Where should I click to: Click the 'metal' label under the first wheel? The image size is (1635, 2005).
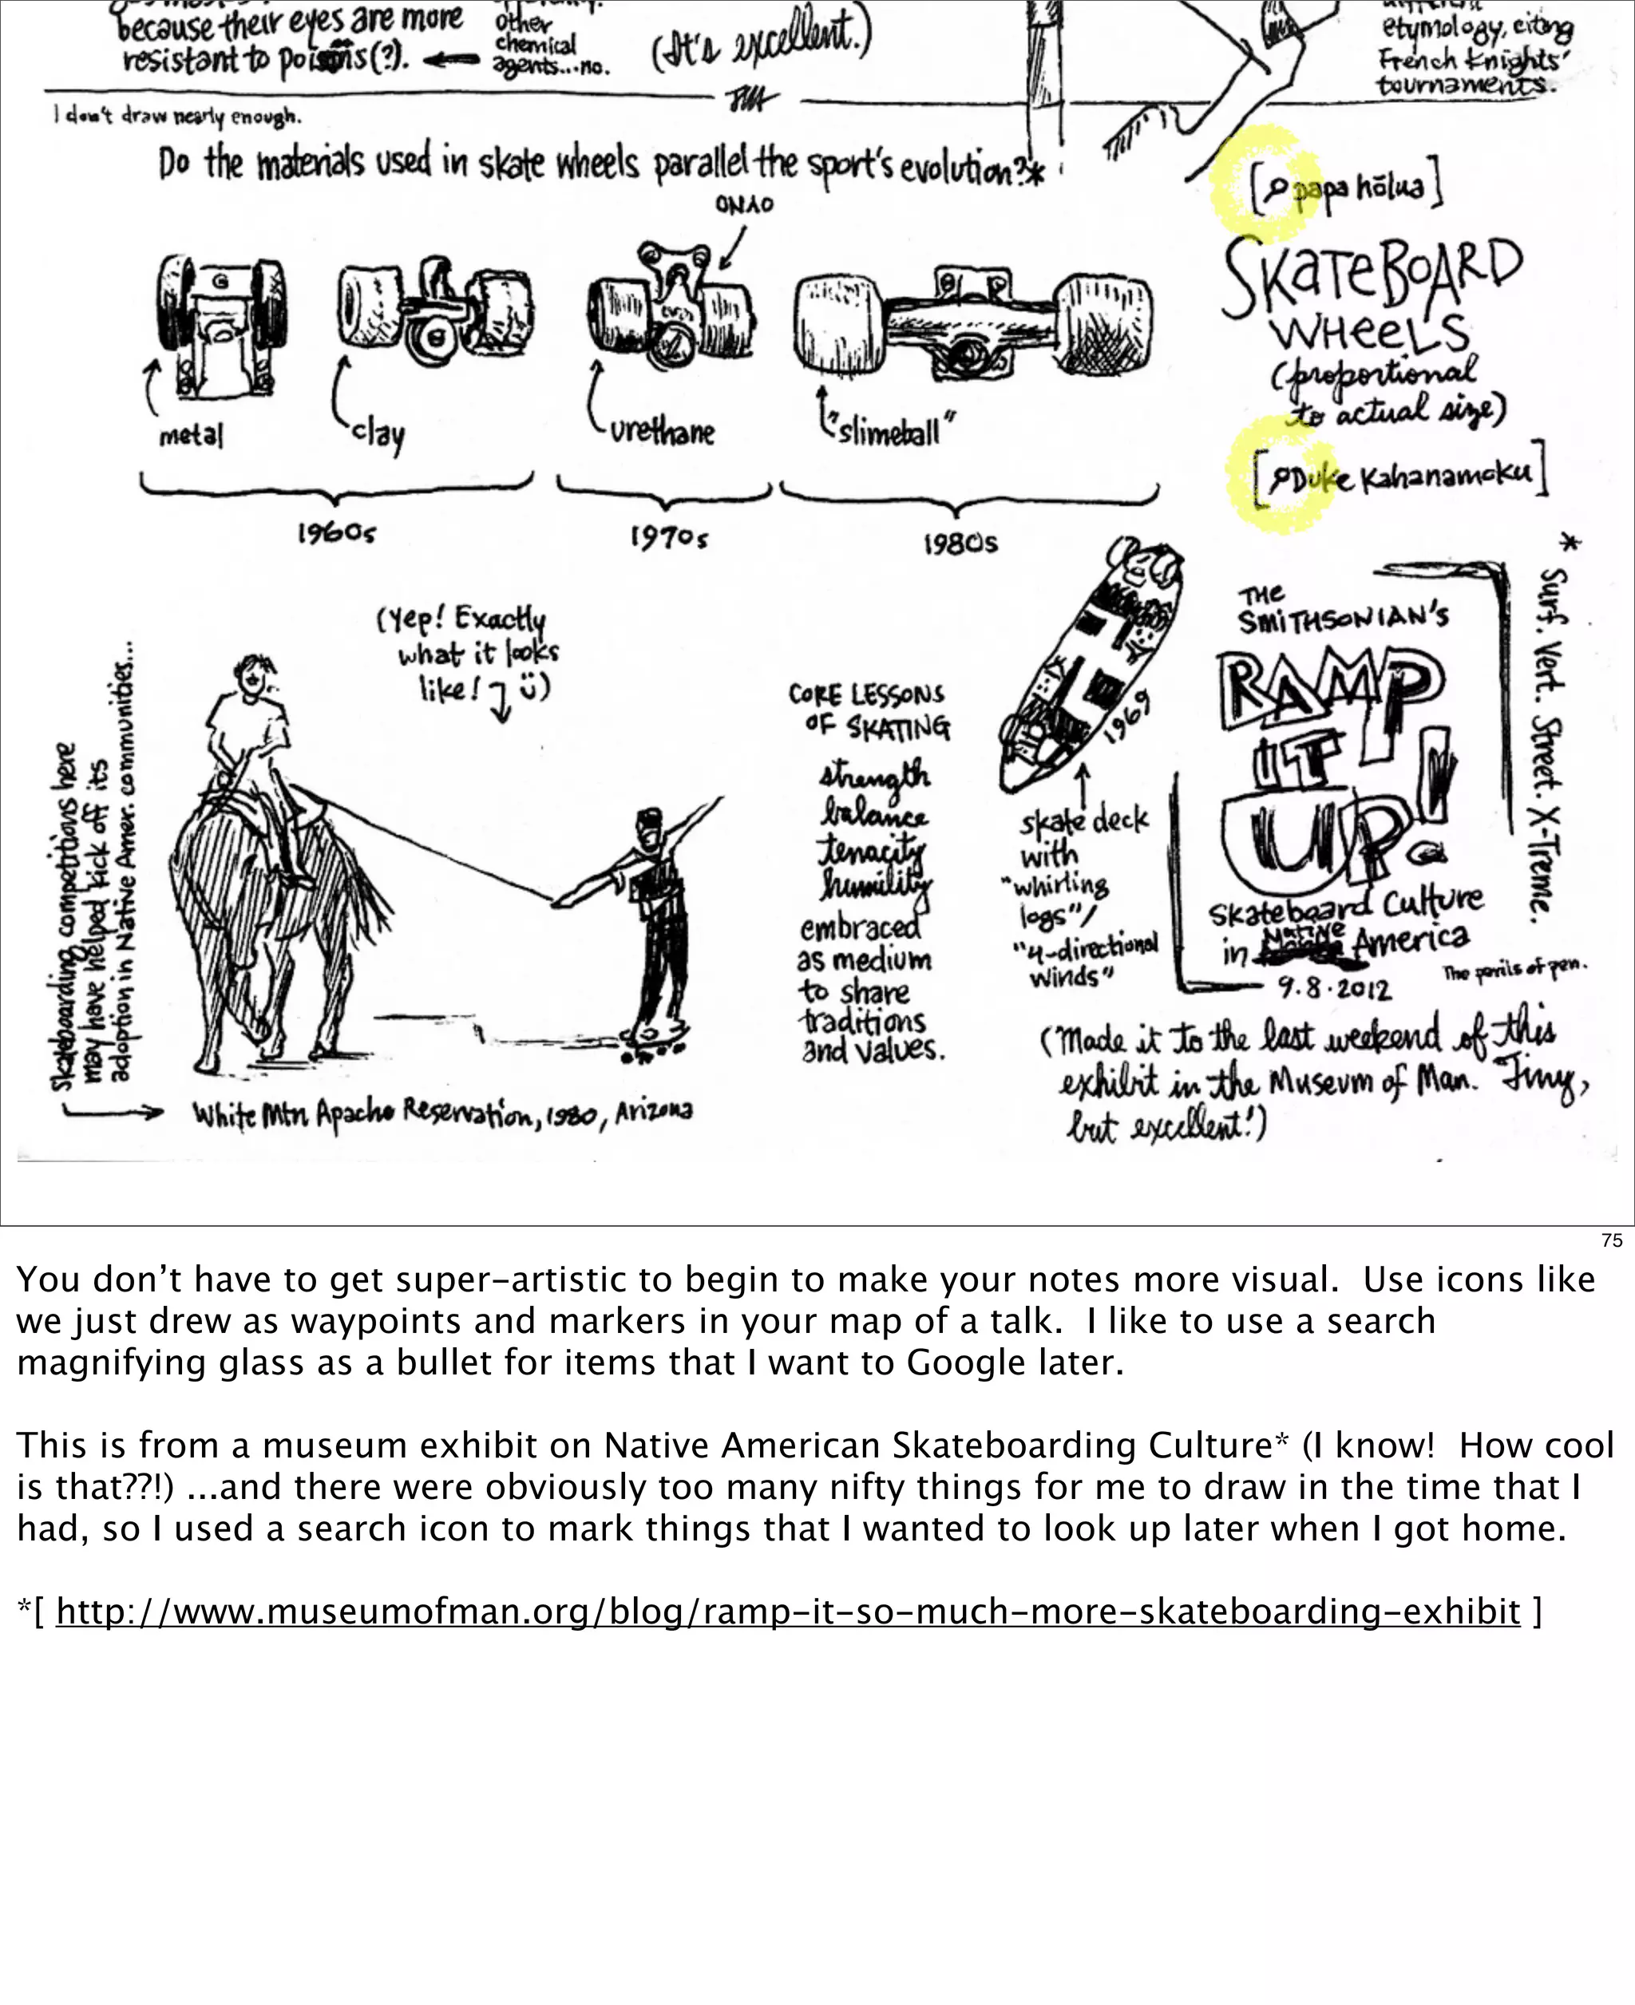(191, 436)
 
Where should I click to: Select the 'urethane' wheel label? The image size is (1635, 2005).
(661, 433)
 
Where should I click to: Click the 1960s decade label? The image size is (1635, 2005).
(336, 535)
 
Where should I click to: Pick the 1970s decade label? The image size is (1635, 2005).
(669, 539)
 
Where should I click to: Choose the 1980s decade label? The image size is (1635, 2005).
(960, 544)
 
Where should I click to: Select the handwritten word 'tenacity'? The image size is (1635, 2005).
(871, 849)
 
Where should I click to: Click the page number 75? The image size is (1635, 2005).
(1613, 1241)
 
